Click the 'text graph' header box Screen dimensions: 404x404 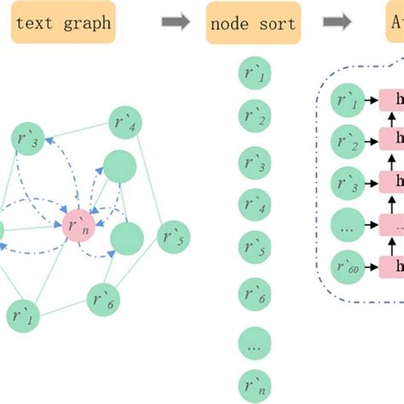coord(62,23)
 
